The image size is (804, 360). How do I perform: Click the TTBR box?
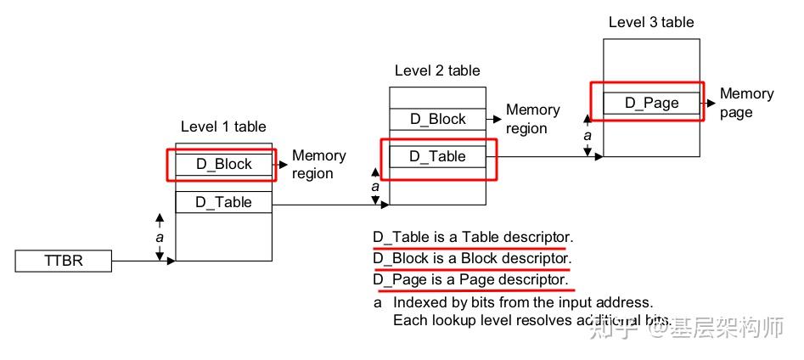[x=64, y=261]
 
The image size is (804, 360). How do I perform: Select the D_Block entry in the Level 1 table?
[x=224, y=164]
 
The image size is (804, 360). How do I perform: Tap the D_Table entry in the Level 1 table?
[x=224, y=201]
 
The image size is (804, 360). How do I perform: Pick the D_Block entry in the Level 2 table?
[x=438, y=119]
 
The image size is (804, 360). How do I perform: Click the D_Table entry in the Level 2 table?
[x=438, y=156]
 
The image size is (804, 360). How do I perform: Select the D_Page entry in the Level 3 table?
[x=652, y=103]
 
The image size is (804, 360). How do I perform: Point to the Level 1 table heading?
[x=223, y=127]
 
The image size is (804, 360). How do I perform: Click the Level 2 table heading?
[x=437, y=70]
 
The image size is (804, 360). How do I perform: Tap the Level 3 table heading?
[x=651, y=22]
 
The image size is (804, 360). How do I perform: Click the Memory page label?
[x=746, y=103]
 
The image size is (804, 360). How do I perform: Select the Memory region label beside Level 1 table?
[x=318, y=165]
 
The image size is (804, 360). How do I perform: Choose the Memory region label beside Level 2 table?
[x=532, y=119]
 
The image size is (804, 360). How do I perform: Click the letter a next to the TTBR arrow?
[x=159, y=238]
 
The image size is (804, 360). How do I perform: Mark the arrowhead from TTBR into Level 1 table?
[x=171, y=261]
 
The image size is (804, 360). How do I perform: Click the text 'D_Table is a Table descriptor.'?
[x=473, y=237]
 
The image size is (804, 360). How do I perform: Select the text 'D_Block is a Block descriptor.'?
[x=472, y=258]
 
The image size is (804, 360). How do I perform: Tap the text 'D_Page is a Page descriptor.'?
[x=470, y=279]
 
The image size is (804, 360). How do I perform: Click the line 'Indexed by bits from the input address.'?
[x=522, y=302]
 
